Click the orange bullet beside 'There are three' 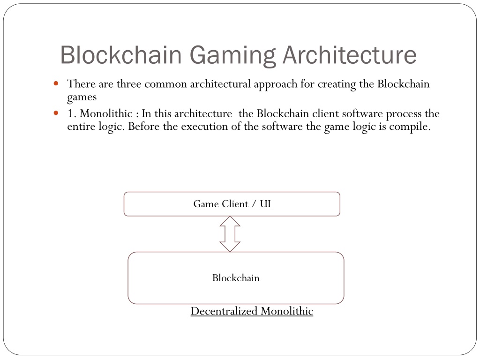pos(56,83)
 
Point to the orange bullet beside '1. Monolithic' pos(56,113)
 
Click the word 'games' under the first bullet pos(82,97)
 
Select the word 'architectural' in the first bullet pos(220,84)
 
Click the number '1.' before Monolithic pos(72,113)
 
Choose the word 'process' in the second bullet pos(404,114)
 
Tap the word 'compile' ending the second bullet pos(410,127)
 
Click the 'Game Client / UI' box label pos(232,204)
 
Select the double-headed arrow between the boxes pos(230,234)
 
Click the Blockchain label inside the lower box pos(236,278)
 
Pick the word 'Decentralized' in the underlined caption pos(224,311)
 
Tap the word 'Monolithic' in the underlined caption pos(287,311)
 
